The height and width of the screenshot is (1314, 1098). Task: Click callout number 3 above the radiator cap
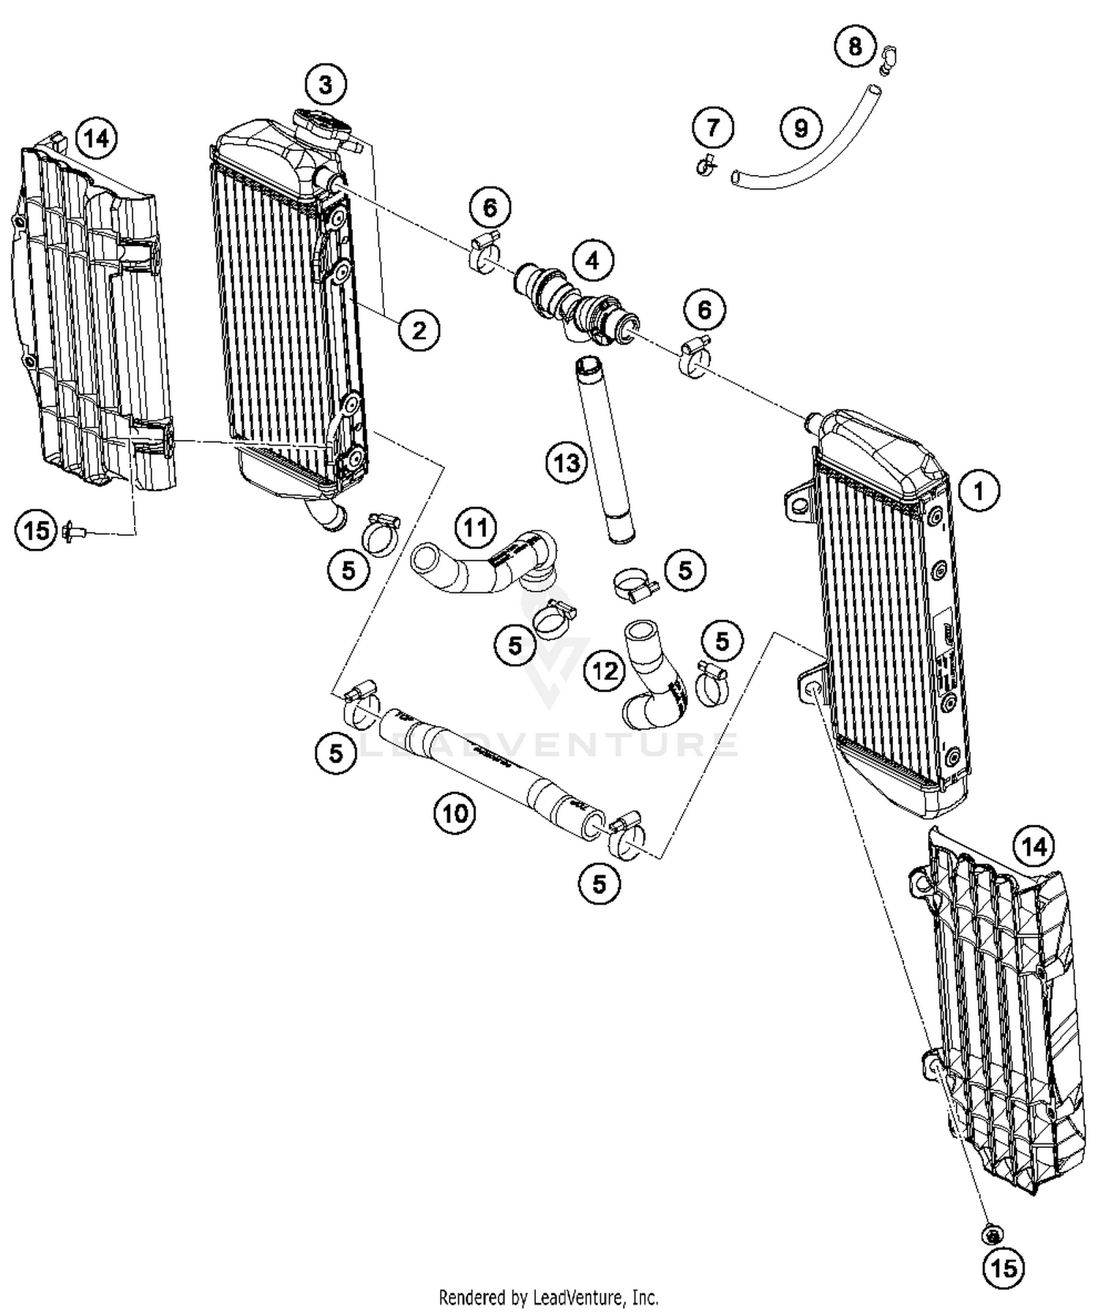tap(325, 85)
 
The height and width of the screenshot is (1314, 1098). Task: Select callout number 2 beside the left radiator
tap(419, 330)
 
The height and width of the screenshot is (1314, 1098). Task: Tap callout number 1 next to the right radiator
tap(979, 490)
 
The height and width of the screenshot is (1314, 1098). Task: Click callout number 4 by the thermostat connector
tap(592, 260)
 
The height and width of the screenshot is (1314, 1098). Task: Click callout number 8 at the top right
tap(854, 48)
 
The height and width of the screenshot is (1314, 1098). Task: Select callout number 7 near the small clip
tap(713, 128)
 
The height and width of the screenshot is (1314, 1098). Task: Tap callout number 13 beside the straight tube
tap(567, 462)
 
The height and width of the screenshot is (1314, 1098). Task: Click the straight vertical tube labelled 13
tap(607, 450)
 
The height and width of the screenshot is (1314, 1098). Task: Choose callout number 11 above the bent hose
tap(475, 527)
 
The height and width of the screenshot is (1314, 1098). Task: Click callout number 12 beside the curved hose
tap(605, 670)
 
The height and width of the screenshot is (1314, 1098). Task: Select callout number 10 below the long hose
tap(455, 812)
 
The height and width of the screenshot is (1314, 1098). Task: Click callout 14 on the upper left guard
tap(97, 138)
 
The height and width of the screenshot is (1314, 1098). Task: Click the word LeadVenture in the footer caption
tap(570, 1298)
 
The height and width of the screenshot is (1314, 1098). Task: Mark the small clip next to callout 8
tap(888, 59)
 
